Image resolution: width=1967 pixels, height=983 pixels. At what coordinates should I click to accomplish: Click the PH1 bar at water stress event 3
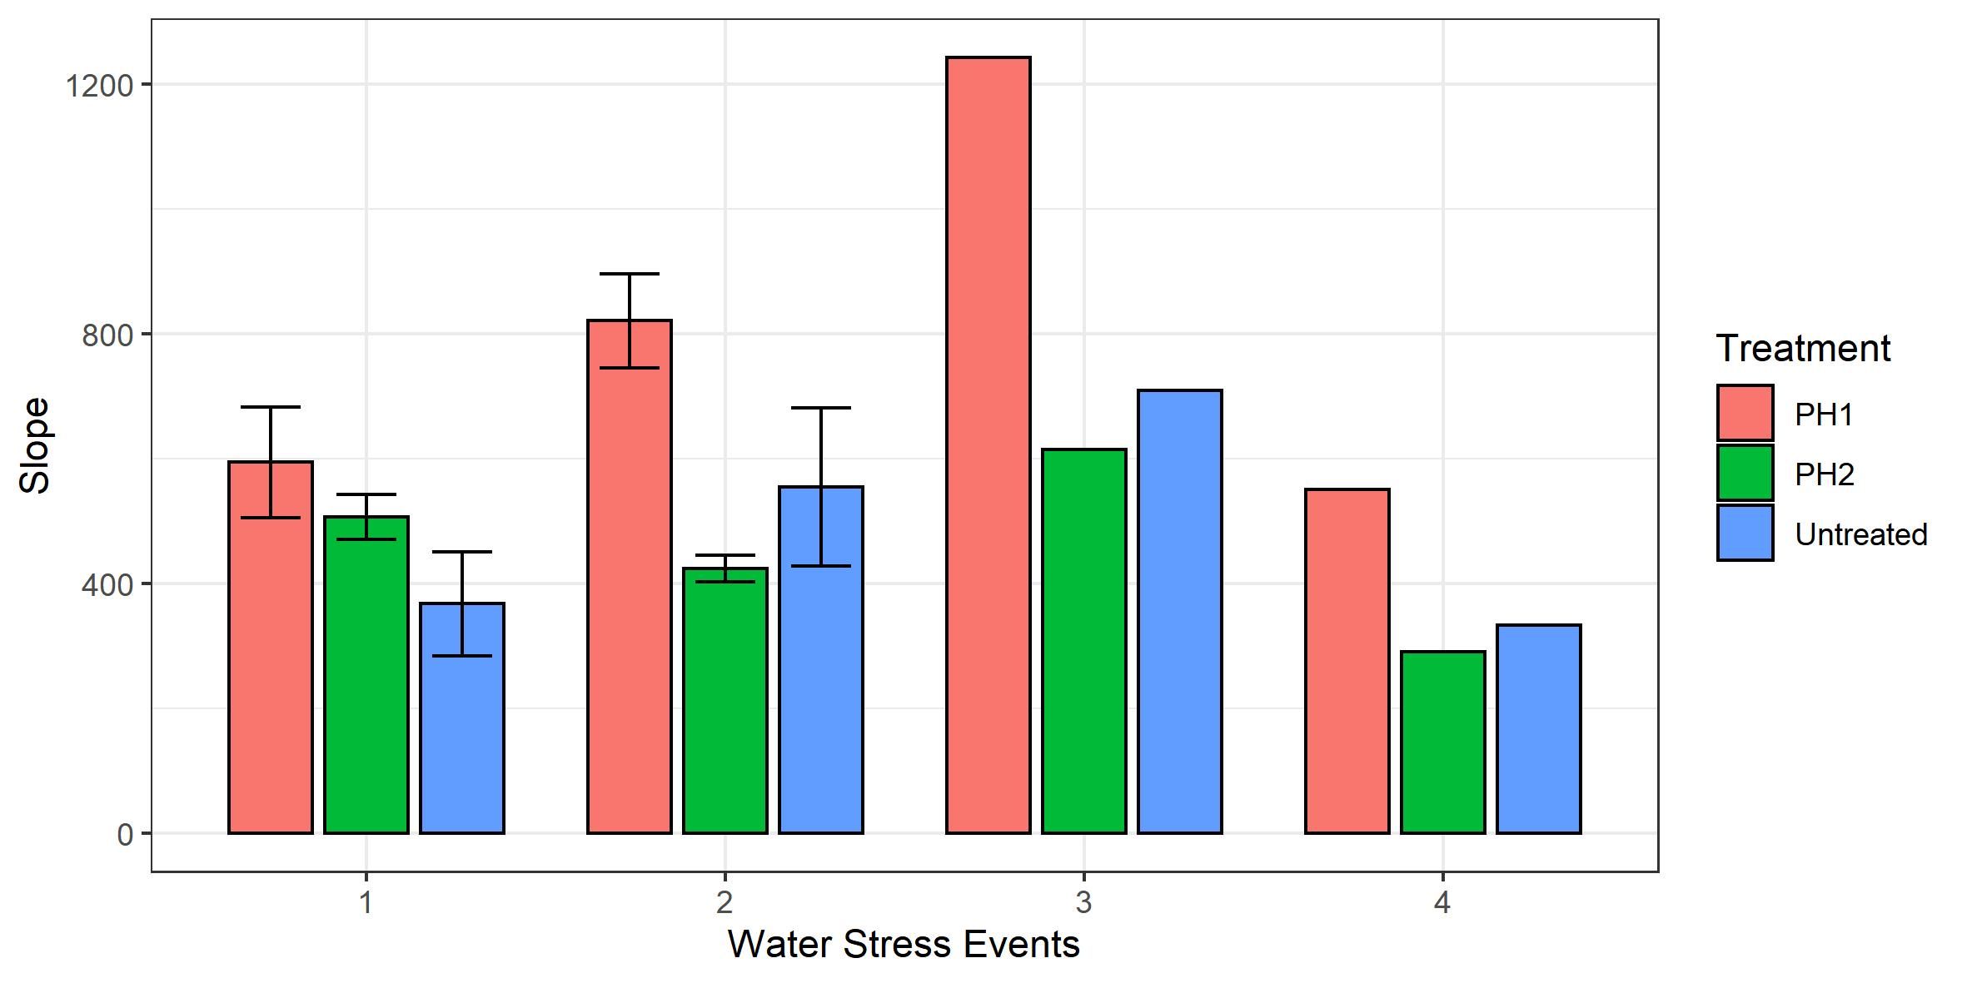coord(988,445)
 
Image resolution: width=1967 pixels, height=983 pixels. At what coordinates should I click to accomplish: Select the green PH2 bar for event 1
coord(366,674)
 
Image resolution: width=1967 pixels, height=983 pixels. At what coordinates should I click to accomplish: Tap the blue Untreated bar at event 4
coord(1539,728)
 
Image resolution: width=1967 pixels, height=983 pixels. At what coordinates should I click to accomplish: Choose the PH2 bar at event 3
coord(1084,641)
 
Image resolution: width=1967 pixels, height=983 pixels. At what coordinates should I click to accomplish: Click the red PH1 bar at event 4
coord(1347,661)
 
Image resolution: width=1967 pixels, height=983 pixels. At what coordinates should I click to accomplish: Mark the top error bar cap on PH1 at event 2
coord(630,273)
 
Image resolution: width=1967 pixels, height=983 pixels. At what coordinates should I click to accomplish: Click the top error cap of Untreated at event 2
coord(821,408)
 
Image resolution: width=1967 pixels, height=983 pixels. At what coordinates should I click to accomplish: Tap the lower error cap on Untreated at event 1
coord(462,656)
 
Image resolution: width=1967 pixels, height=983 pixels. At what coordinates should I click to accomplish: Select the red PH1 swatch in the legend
coord(1745,413)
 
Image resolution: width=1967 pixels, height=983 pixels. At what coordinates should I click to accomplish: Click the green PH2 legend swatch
coord(1745,474)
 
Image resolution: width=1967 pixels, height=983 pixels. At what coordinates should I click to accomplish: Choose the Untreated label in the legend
coord(1860,534)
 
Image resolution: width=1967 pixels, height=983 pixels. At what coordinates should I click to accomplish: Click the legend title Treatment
coord(1803,348)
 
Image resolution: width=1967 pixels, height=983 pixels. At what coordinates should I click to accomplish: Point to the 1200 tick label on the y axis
coord(99,85)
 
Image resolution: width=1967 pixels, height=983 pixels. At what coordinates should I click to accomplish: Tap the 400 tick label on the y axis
coord(107,584)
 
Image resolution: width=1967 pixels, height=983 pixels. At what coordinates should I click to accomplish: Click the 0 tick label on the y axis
coord(126,834)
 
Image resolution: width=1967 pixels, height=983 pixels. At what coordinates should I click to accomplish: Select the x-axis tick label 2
coord(725,902)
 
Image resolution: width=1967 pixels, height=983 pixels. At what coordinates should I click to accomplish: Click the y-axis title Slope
coord(35,445)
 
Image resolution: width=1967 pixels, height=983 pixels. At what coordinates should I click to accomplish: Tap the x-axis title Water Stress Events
coord(904,945)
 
